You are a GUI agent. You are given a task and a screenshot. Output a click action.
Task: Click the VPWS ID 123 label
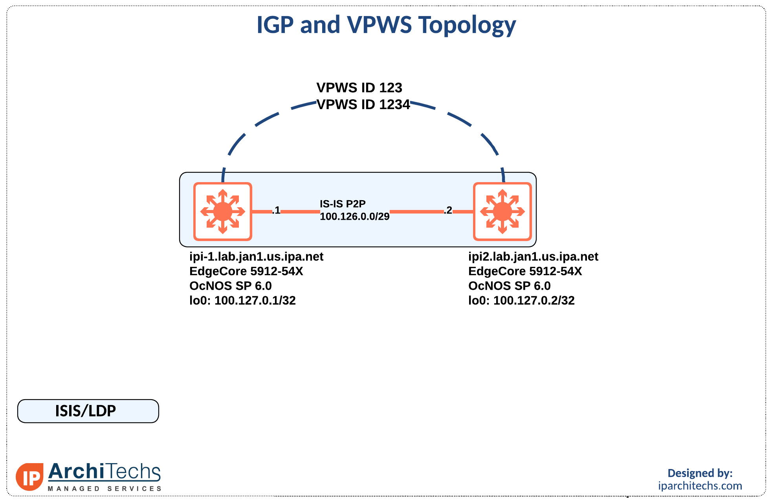point(359,88)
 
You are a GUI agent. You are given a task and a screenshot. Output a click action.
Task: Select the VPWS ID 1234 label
point(363,104)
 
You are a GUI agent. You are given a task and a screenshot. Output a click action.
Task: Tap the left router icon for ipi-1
point(222,212)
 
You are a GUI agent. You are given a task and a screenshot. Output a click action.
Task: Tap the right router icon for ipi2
point(502,212)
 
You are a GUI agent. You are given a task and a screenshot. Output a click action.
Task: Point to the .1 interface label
point(277,210)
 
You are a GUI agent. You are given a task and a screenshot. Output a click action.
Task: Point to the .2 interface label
point(448,210)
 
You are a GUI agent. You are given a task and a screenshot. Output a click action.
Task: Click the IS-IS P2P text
point(342,204)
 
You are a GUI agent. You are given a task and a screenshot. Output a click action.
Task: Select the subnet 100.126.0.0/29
point(354,217)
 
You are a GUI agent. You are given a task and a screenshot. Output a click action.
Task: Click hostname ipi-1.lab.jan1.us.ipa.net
point(256,257)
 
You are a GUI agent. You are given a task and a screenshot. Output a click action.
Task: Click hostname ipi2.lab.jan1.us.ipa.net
point(533,257)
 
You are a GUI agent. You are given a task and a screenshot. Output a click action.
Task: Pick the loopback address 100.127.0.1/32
point(255,301)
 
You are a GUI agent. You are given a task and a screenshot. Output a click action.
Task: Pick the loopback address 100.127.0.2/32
point(534,301)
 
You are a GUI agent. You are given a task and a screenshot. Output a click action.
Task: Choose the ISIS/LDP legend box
point(88,411)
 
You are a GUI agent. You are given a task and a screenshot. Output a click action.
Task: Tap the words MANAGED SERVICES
point(105,489)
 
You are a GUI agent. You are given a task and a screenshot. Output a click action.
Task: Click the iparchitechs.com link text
point(700,486)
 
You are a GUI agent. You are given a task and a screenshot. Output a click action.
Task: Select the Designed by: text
point(700,473)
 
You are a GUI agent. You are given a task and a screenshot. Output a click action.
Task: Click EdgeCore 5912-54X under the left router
point(246,271)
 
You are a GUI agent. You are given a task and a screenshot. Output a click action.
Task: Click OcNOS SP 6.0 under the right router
point(509,286)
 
